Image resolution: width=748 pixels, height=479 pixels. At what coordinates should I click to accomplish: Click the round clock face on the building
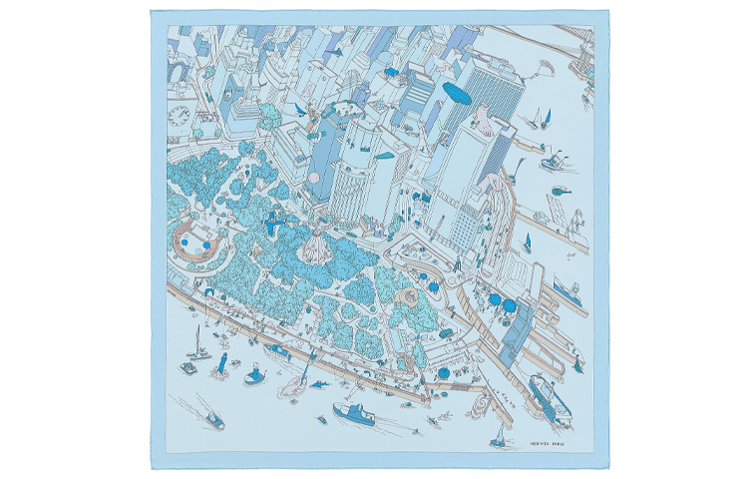point(180,118)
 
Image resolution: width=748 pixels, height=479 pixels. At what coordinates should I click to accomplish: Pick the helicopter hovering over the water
point(561,189)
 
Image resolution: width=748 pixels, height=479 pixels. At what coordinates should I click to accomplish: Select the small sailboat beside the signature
point(499,436)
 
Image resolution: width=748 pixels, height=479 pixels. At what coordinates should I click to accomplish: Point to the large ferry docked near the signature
point(550,395)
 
